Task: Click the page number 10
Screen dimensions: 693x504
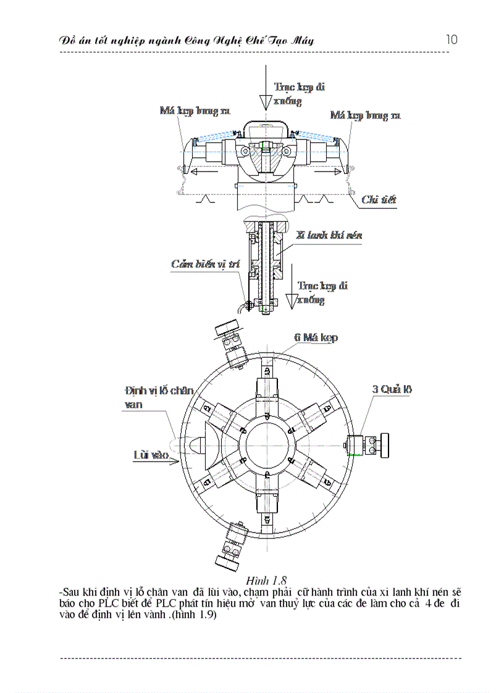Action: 451,39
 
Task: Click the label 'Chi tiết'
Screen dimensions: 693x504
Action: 378,199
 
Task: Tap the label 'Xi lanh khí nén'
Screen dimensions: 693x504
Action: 329,235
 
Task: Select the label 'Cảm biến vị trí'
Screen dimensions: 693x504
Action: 201,264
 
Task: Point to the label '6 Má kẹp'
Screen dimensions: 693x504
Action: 316,338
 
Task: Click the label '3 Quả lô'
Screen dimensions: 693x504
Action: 392,389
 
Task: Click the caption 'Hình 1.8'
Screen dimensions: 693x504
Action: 267,580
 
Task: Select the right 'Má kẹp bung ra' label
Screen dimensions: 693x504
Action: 365,115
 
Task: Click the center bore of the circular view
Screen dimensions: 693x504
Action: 266,444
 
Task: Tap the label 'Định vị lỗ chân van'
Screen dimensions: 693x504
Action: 158,397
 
